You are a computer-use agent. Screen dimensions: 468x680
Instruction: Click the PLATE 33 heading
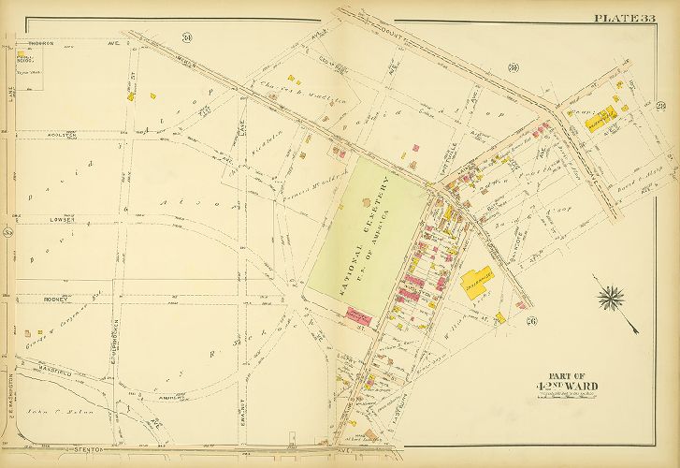[x=624, y=19]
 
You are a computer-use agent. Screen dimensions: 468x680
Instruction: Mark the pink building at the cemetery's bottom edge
[x=359, y=319]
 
